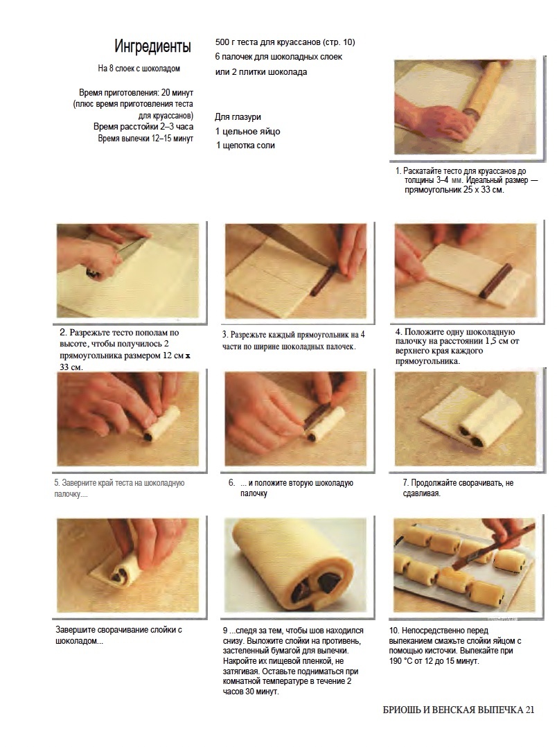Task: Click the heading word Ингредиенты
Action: point(152,46)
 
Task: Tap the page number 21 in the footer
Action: point(529,710)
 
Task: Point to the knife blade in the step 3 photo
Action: point(295,245)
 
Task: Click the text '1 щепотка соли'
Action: point(245,146)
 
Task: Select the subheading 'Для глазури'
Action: point(238,116)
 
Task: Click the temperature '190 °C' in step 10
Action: point(400,661)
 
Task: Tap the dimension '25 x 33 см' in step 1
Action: point(481,190)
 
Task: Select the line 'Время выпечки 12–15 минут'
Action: point(145,139)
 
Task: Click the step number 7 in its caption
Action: point(405,482)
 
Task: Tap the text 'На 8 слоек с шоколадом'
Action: point(139,69)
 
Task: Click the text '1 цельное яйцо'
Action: point(248,132)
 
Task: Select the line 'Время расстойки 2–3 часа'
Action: point(143,127)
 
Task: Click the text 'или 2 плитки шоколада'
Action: point(261,72)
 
